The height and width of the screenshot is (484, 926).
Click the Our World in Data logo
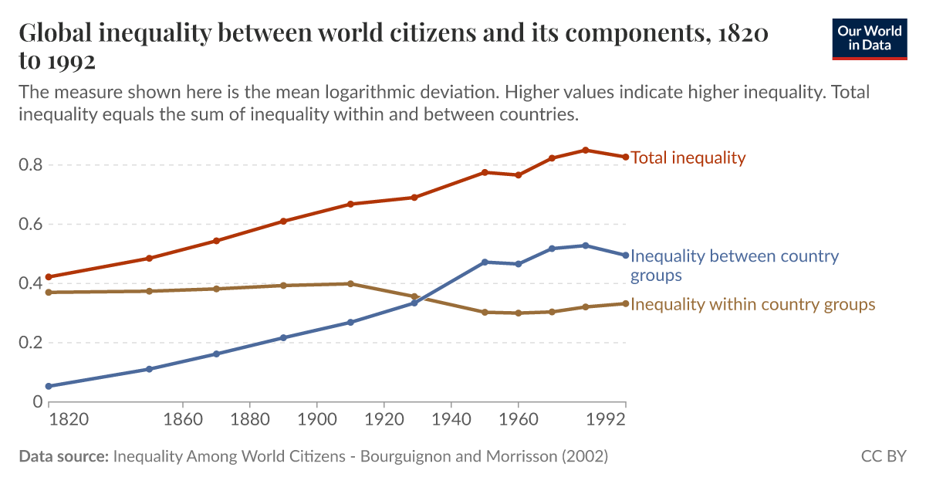click(x=870, y=39)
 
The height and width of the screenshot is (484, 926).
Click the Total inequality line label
click(x=688, y=158)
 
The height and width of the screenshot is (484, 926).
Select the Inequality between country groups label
click(x=734, y=265)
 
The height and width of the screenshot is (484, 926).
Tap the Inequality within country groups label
click(x=752, y=304)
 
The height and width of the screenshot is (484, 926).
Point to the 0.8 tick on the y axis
click(x=32, y=165)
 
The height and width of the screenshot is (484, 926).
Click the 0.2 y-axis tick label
click(x=32, y=343)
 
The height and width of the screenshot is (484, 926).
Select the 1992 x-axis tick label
click(x=609, y=421)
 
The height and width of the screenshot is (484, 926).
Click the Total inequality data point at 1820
click(x=49, y=276)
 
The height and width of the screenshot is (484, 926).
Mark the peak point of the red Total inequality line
click(x=585, y=150)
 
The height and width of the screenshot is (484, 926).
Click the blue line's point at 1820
click(x=49, y=386)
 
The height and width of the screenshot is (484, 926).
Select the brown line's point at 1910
click(x=350, y=283)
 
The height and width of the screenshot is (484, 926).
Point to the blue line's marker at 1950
click(x=485, y=262)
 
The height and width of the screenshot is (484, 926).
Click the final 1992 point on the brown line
click(x=625, y=303)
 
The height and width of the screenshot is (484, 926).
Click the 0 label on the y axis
click(x=37, y=401)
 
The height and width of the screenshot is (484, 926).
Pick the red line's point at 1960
click(x=519, y=175)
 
